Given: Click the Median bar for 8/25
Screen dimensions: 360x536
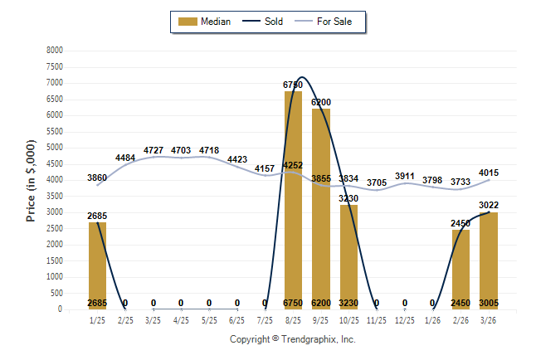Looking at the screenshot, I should coord(293,200).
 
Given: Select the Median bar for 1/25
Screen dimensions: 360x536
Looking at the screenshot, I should coord(97,265).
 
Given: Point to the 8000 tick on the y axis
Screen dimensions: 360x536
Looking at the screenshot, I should coord(54,51).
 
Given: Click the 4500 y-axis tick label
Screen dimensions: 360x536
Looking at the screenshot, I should coord(54,163).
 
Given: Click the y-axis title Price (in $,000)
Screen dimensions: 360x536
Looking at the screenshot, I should coord(31,180).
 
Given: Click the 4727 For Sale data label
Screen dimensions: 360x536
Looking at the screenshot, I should coord(153,149).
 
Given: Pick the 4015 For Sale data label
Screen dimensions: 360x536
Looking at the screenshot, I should coord(488,173).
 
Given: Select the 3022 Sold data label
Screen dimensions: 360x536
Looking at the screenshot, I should coord(488,205).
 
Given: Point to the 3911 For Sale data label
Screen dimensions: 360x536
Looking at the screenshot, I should coord(404,176).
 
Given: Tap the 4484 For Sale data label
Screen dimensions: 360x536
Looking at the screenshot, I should coord(125,158).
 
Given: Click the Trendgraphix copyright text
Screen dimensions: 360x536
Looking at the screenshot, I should coord(292,339).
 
